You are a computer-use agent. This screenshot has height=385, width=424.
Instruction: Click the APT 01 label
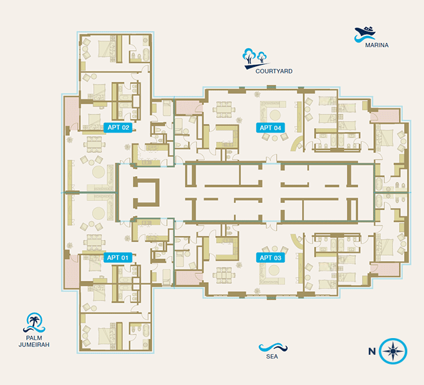pyautogui.click(x=118, y=258)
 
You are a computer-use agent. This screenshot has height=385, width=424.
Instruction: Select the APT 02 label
pyautogui.click(x=118, y=127)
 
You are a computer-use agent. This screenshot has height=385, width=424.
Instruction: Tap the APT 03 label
pyautogui.click(x=270, y=258)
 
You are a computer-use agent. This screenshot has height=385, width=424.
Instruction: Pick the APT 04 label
pyautogui.click(x=270, y=128)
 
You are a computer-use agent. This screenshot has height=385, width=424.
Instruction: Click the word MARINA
pyautogui.click(x=376, y=45)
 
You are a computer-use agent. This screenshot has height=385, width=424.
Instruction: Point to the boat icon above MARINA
pyautogui.click(x=364, y=34)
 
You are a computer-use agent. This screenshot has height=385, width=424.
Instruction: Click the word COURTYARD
pyautogui.click(x=274, y=71)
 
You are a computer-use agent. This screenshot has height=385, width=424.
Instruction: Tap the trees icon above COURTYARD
pyautogui.click(x=255, y=58)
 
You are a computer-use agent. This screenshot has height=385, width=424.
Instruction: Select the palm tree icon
pyautogui.click(x=34, y=323)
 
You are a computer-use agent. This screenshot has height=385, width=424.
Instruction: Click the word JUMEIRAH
pyautogui.click(x=34, y=345)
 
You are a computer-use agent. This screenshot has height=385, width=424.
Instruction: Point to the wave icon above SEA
pyautogui.click(x=273, y=347)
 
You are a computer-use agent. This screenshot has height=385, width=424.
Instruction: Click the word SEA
pyautogui.click(x=272, y=357)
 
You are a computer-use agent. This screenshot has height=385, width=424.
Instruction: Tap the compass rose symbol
pyautogui.click(x=393, y=351)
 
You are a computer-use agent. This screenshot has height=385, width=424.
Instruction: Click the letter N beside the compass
pyautogui.click(x=372, y=352)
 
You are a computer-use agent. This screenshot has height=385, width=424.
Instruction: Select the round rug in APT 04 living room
pyautogui.click(x=275, y=115)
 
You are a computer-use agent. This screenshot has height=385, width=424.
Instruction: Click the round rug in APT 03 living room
pyautogui.click(x=274, y=271)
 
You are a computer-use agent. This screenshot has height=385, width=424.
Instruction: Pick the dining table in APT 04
pyautogui.click(x=224, y=109)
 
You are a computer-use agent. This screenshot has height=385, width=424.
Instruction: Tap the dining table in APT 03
pyautogui.click(x=224, y=276)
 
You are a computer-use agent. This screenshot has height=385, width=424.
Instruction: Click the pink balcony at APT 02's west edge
pyautogui.click(x=71, y=111)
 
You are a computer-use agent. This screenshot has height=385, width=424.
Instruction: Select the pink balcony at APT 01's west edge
pyautogui.click(x=72, y=272)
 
